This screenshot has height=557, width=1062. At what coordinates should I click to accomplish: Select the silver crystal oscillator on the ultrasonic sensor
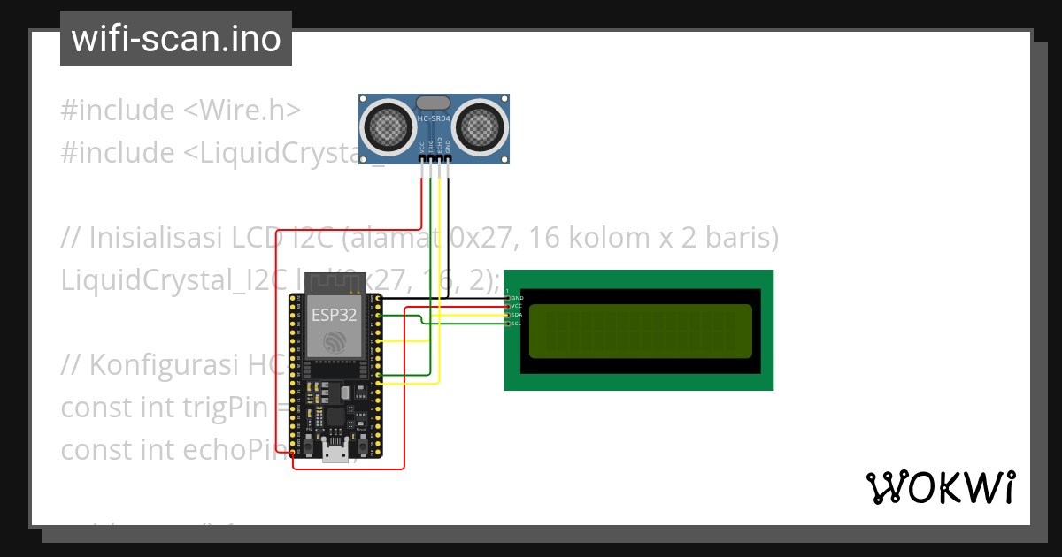[434, 104]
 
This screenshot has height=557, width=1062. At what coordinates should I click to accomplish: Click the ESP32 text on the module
[334, 314]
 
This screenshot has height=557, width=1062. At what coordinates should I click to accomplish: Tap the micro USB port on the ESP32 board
[335, 451]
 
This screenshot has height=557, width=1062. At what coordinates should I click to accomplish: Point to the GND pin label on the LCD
[517, 298]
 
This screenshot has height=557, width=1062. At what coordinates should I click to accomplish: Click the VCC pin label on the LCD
[517, 306]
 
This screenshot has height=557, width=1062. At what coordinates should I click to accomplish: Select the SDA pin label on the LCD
[517, 315]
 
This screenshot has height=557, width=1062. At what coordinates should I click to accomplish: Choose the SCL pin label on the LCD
[517, 324]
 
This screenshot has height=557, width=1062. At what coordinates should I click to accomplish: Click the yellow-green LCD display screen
[641, 331]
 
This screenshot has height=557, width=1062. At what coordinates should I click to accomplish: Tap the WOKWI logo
[940, 487]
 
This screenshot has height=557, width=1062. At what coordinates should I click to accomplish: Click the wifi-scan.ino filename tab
[176, 39]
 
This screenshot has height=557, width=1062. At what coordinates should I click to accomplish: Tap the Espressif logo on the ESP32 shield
[334, 341]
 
